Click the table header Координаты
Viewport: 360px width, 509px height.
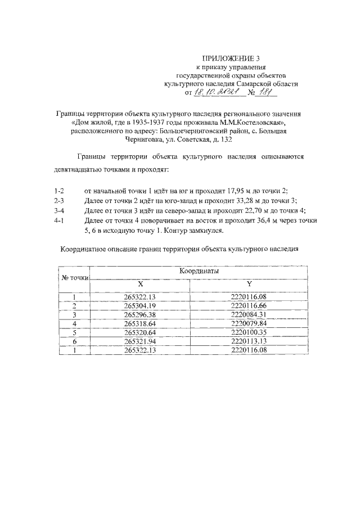(x=199, y=271)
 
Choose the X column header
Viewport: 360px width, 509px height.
(x=140, y=284)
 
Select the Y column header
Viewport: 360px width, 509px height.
(x=249, y=284)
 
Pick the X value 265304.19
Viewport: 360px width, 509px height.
(x=140, y=305)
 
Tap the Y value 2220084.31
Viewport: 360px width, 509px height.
(x=249, y=314)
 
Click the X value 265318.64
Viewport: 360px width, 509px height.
(x=140, y=323)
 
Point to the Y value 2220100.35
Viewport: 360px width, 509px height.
(x=249, y=332)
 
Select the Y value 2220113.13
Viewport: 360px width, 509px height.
(x=249, y=341)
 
